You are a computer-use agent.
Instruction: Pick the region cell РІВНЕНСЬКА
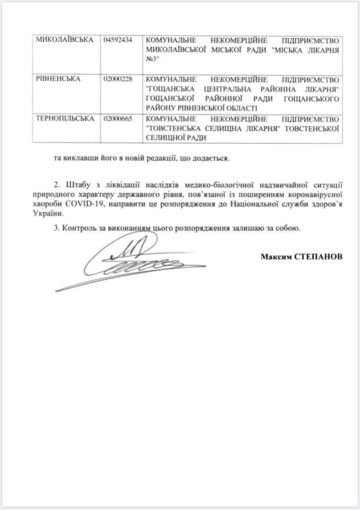(x=59, y=79)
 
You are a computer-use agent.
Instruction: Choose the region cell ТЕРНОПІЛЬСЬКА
(x=65, y=118)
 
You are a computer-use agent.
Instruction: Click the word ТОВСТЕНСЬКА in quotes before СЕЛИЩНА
(x=179, y=128)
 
